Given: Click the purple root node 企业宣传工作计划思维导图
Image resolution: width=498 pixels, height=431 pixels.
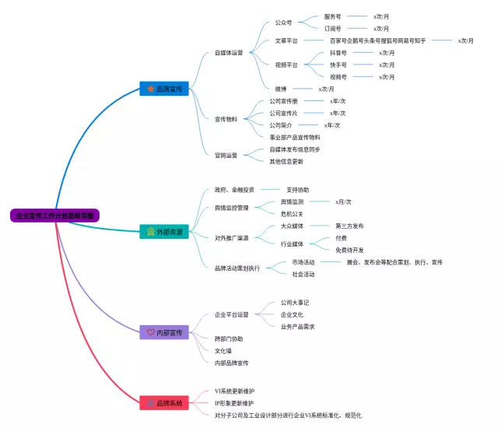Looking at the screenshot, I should tap(55, 215).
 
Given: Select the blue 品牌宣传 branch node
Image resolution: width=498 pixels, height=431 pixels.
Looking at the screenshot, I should tap(164, 89).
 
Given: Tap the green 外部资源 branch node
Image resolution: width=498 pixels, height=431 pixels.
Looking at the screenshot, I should tap(164, 232).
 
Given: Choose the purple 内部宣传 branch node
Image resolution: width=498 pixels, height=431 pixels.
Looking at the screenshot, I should tap(164, 332).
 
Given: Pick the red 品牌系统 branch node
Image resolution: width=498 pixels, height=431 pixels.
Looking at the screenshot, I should tap(164, 403).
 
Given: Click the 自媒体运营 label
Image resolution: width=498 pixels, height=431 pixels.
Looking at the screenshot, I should tap(229, 53).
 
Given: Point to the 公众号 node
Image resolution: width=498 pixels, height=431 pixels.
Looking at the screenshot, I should tap(283, 23).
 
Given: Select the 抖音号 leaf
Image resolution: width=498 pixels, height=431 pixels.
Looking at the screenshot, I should tap(338, 53).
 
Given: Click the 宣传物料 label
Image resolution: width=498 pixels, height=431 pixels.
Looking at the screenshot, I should tap(226, 119).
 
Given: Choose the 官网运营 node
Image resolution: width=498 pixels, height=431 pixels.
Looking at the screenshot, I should tap(226, 155).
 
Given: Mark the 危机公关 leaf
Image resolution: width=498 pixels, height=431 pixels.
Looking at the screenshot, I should tap(292, 214).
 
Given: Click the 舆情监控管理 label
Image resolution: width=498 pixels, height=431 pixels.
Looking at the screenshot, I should tap(232, 208).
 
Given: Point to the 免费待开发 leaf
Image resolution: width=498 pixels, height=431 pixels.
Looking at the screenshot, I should tap(349, 250).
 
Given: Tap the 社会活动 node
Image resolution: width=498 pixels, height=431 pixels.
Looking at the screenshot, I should tap(303, 274).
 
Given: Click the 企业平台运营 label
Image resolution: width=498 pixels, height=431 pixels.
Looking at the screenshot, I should tap(232, 314).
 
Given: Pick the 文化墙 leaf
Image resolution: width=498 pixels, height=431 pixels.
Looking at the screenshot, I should tap(223, 351).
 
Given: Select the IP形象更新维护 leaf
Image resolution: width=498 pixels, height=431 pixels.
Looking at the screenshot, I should tap(234, 403).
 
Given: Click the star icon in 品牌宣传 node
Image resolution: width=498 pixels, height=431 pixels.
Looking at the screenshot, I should tap(150, 89).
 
